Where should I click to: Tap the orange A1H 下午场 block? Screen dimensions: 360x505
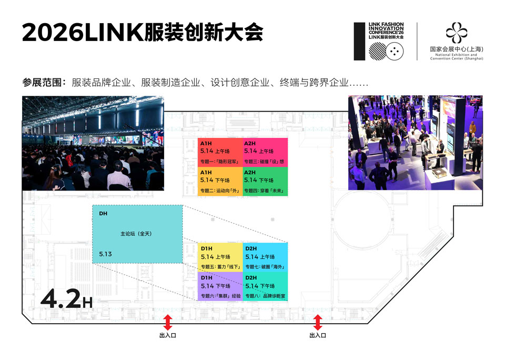pos(220,182)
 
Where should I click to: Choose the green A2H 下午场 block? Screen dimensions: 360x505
pos(265,182)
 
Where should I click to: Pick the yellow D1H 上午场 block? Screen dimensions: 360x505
pos(220,258)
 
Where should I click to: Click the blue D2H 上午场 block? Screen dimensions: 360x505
pos(266,258)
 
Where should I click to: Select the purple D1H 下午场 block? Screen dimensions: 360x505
pos(220,287)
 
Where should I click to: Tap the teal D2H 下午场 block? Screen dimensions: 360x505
pos(266,287)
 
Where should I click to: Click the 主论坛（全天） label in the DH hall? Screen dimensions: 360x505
pos(136,233)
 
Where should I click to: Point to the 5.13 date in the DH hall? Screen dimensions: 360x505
pos(106,254)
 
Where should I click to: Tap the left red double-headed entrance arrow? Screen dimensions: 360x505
pos(168,322)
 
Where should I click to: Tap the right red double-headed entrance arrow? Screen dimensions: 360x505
pos(317,322)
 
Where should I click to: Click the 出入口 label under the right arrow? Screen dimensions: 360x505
pos(317,335)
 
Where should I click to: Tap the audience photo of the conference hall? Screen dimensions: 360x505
pos(93,143)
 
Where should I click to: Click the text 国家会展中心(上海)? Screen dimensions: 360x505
pos(456,49)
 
